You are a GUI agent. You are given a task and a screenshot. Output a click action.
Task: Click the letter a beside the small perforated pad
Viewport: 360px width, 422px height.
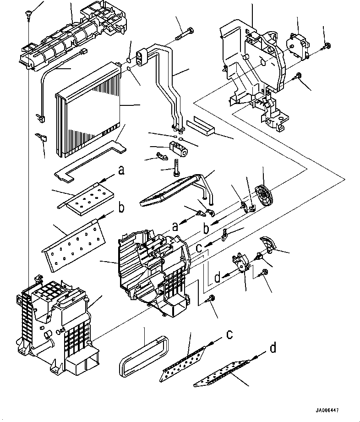click(121, 171)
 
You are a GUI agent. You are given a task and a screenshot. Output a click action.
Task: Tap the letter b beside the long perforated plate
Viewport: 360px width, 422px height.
click(121, 208)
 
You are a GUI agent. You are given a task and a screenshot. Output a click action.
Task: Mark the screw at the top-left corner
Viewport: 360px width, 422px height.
click(28, 13)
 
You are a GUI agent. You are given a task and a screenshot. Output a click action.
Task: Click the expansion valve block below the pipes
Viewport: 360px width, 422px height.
click(178, 148)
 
